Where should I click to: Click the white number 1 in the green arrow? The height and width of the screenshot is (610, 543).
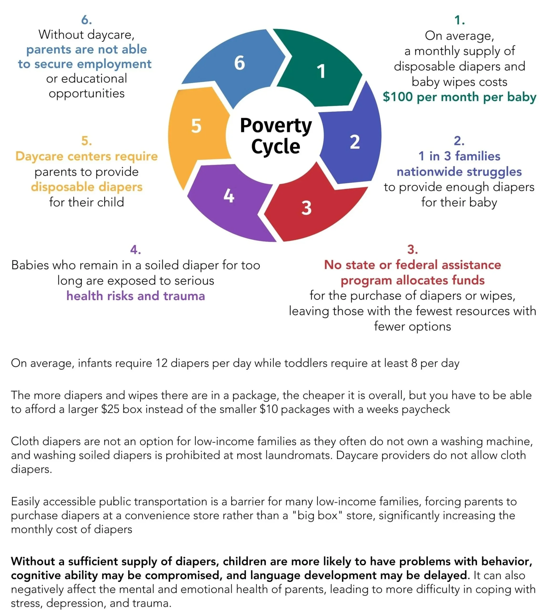321,71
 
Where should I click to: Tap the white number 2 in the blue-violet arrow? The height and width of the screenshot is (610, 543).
355,142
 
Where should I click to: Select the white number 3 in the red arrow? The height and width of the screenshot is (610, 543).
306,208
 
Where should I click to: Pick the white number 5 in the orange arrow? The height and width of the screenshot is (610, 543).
196,126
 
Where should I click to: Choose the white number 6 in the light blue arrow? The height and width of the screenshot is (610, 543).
239,63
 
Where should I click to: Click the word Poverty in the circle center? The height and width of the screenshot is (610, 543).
276,126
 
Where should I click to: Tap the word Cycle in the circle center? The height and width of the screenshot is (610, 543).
276,146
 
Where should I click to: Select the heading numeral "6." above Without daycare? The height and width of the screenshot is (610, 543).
87,20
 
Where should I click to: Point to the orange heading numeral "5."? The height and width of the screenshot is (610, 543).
87,141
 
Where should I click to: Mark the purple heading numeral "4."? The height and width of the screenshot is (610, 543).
136,249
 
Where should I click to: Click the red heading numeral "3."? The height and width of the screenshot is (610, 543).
412,249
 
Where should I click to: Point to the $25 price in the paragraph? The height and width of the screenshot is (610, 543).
110,409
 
